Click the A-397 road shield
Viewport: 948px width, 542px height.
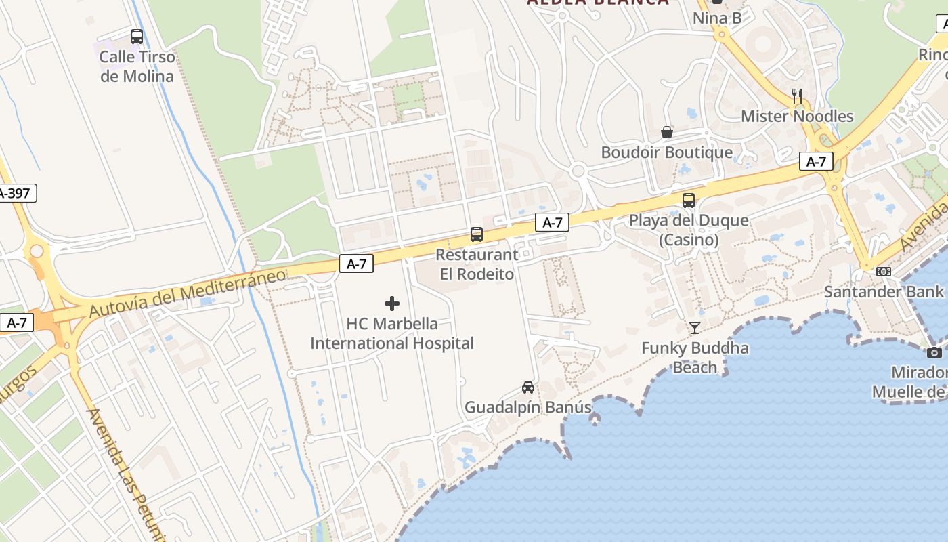pyautogui.click(x=15, y=193)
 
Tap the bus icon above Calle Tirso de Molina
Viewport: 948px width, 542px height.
pyautogui.click(x=137, y=37)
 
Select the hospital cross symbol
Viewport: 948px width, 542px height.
pyautogui.click(x=392, y=304)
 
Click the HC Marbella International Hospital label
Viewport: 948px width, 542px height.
pyautogui.click(x=392, y=333)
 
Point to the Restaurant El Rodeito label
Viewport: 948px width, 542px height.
pyautogui.click(x=477, y=264)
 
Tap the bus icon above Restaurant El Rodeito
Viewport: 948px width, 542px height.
pyautogui.click(x=477, y=234)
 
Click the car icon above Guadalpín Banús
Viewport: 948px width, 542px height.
pyautogui.click(x=528, y=388)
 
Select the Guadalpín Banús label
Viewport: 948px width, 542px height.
pyautogui.click(x=528, y=408)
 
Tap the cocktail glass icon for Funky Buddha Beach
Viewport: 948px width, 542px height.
pyautogui.click(x=695, y=328)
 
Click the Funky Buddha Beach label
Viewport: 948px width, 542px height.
pyautogui.click(x=695, y=358)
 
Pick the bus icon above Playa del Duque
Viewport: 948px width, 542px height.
pyautogui.click(x=689, y=200)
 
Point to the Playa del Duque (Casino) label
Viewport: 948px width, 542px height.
pyautogui.click(x=689, y=230)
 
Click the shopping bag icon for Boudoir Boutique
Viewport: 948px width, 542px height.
pyautogui.click(x=667, y=132)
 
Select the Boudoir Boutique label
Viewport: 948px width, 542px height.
pyautogui.click(x=667, y=152)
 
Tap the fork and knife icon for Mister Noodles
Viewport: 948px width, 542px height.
pyautogui.click(x=797, y=96)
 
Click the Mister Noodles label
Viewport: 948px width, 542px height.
pyautogui.click(x=797, y=117)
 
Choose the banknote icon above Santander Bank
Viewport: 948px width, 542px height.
pyautogui.click(x=884, y=272)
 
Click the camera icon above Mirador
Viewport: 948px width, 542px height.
pyautogui.click(x=934, y=352)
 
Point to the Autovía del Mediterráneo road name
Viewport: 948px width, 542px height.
pyautogui.click(x=188, y=293)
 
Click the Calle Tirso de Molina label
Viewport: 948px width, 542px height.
pyautogui.click(x=137, y=66)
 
